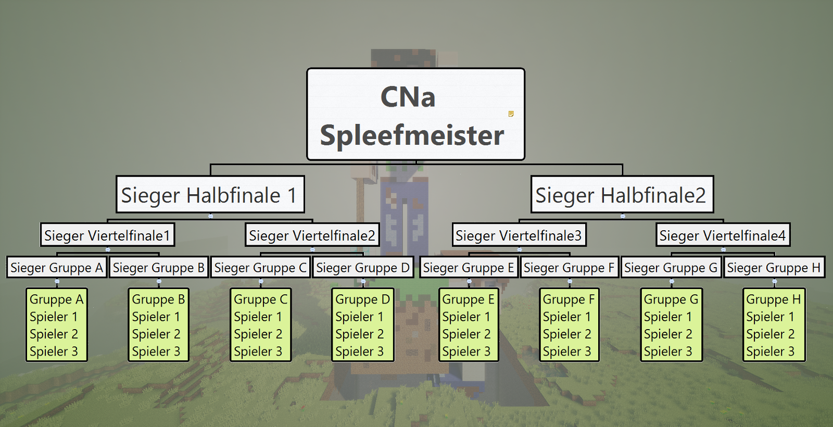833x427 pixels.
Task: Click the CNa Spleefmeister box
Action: tap(416, 114)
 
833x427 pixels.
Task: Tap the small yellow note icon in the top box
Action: tap(511, 114)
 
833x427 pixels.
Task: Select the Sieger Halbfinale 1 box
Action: tap(210, 195)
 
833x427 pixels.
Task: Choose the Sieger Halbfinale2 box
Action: tap(622, 195)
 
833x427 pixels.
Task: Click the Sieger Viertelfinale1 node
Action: tap(107, 235)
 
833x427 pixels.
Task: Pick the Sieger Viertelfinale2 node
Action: tap(312, 235)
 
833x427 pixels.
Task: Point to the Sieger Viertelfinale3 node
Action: tap(519, 235)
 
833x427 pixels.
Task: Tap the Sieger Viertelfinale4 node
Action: tap(723, 235)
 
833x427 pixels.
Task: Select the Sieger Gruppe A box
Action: tap(57, 268)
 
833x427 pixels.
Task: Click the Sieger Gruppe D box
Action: tap(363, 268)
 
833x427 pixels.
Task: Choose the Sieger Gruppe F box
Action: tap(570, 268)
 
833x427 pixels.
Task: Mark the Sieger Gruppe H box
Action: tap(774, 268)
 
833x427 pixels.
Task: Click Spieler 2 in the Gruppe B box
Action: tap(156, 334)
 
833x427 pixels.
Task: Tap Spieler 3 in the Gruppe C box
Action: tap(258, 351)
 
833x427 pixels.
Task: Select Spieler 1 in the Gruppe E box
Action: tap(466, 317)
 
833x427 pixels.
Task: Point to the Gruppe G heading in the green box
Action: tap(671, 299)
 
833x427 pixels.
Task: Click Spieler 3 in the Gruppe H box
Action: tap(770, 351)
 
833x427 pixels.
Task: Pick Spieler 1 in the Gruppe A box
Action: tap(54, 317)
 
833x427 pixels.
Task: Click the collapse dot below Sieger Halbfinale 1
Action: tap(210, 216)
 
